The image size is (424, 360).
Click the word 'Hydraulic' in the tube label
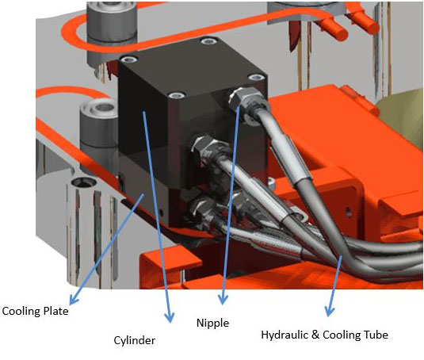[284, 335]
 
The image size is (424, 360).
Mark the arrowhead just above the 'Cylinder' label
[170, 319]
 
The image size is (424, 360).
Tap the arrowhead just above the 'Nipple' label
[223, 301]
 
